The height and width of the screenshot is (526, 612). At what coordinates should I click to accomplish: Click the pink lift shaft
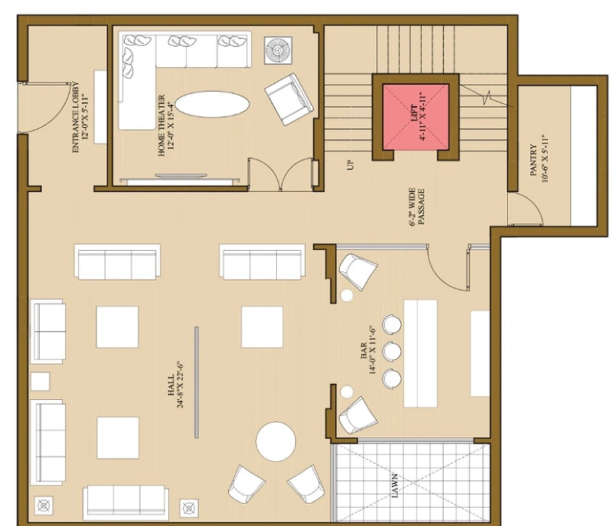tap(415, 117)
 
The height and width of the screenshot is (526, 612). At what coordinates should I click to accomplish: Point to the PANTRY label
tap(533, 160)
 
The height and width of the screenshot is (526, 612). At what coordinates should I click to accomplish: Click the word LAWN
tap(395, 485)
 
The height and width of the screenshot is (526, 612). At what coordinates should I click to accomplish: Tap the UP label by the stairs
tap(350, 164)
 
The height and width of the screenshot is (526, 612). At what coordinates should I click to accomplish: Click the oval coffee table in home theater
tap(212, 104)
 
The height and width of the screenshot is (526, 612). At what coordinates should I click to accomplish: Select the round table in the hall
tap(276, 441)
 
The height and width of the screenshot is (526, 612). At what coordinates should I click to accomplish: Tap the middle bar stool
tap(392, 351)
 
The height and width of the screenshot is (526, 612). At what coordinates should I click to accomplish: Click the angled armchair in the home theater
tap(289, 99)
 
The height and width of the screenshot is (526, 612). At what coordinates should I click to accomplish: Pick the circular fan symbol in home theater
tap(278, 50)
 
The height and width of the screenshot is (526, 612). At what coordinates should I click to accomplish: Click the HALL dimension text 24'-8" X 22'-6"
tap(180, 385)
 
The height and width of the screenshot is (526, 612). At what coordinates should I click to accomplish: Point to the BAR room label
tap(363, 351)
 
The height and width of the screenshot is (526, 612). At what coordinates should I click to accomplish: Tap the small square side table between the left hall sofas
tap(41, 382)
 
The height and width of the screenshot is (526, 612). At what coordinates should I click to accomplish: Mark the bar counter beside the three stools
tap(420, 353)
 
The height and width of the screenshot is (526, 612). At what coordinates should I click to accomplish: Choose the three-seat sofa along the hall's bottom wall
tap(126, 502)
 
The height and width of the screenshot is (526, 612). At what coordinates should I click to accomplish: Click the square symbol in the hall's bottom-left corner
tap(44, 506)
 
